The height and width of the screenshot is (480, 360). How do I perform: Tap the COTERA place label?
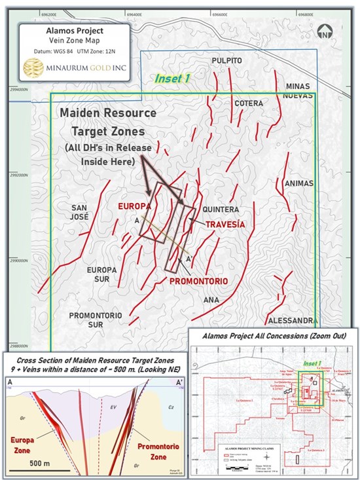coord(249,103)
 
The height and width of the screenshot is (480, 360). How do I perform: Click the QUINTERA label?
coord(219,210)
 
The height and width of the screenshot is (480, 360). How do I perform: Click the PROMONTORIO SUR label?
coord(96,320)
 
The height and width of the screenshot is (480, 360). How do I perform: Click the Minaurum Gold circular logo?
coord(35,67)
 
